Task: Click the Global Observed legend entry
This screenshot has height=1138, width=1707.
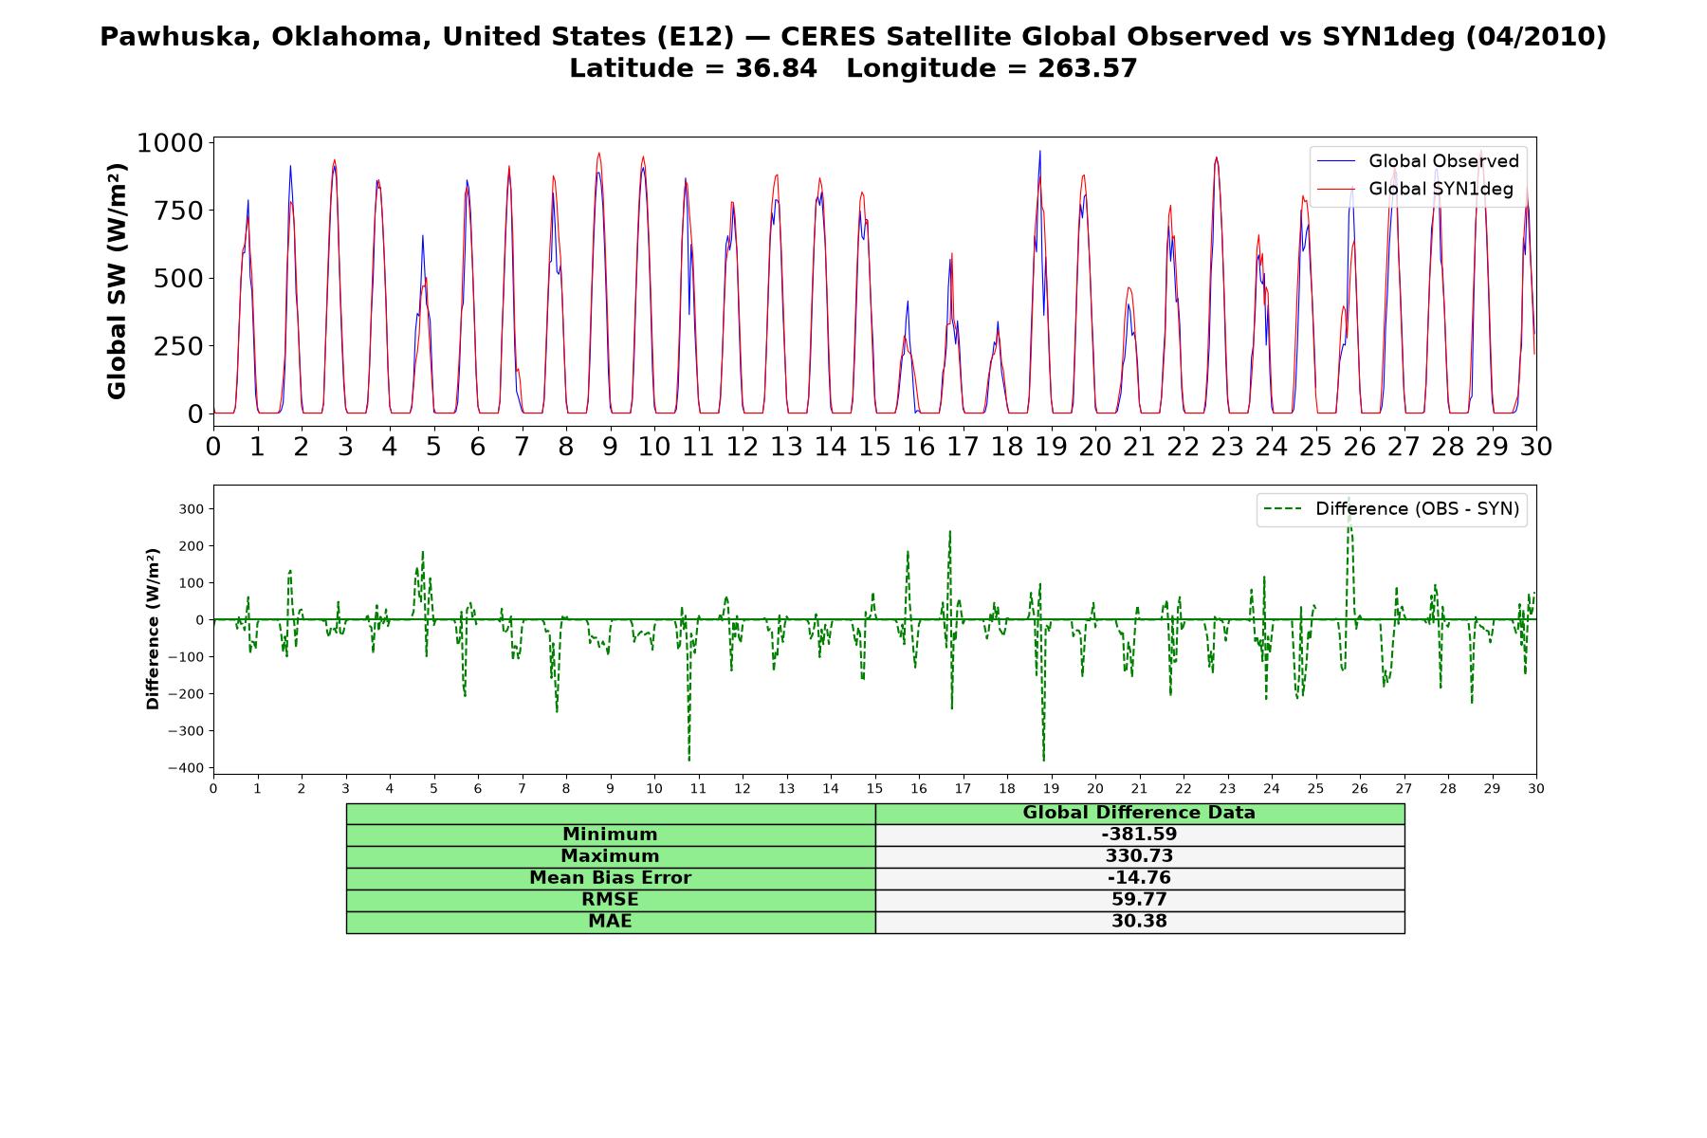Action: tap(1418, 161)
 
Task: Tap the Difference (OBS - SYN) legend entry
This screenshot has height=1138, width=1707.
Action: tap(1391, 509)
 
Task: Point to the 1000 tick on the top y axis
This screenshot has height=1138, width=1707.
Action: tap(170, 143)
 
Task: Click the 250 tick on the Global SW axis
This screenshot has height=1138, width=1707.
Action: tap(178, 346)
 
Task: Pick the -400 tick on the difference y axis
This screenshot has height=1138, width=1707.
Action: tap(187, 767)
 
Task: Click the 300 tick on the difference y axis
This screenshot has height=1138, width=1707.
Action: tap(193, 509)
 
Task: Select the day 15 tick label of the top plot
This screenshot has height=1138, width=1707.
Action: tap(874, 446)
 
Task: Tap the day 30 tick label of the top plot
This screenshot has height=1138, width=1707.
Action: tap(1535, 446)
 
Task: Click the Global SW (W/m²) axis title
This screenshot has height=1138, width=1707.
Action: tap(117, 282)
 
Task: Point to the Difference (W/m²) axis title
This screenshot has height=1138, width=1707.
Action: tap(153, 629)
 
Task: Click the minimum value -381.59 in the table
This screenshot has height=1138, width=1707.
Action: tap(1139, 835)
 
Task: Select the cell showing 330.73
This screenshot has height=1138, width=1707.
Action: tap(1139, 856)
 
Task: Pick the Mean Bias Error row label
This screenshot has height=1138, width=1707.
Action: tap(610, 878)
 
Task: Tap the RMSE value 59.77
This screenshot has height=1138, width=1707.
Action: tap(1139, 900)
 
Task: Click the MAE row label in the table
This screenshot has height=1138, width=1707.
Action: tap(610, 922)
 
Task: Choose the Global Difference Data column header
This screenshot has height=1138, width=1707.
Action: tap(1139, 813)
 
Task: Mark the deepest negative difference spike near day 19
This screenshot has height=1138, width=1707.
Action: tap(1043, 760)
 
